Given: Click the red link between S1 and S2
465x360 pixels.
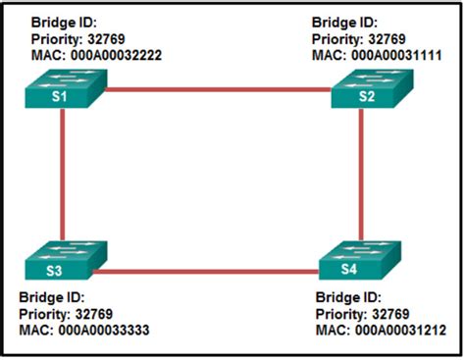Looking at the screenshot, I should coord(216,89).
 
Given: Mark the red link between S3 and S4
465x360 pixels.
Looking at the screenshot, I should coord(211,271).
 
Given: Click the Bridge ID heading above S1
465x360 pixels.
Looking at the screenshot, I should coord(64,23).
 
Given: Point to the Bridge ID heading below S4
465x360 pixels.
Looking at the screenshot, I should coord(347,297).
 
